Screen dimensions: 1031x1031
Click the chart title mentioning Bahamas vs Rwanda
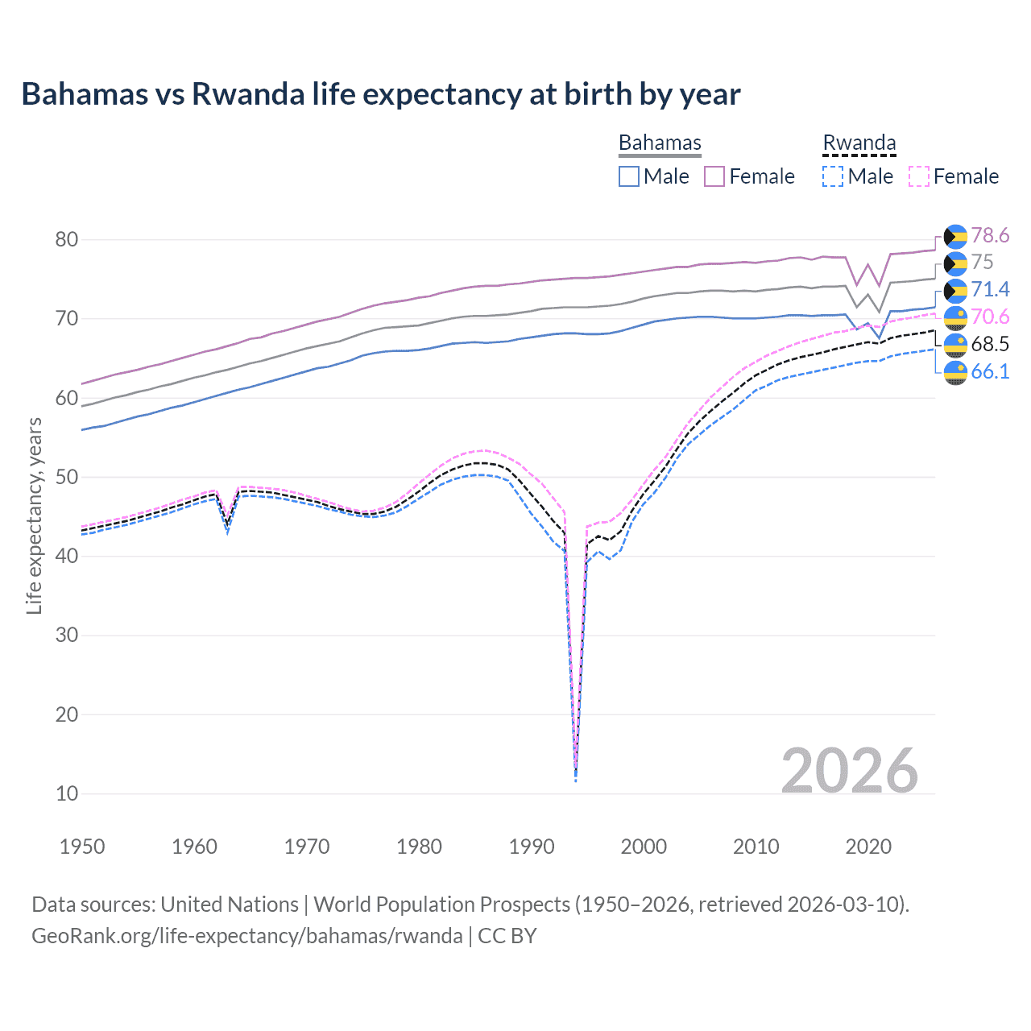tap(380, 94)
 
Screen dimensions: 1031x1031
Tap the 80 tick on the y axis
tap(67, 239)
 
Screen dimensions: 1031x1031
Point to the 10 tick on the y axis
tap(67, 793)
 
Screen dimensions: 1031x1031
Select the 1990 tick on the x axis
tap(532, 847)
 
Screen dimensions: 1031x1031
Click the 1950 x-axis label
tap(82, 847)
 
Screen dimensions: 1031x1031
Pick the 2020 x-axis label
tap(868, 847)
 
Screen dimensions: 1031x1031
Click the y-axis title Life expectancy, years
tap(34, 515)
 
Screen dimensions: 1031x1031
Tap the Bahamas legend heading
tap(660, 143)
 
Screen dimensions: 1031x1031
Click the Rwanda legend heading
tap(859, 143)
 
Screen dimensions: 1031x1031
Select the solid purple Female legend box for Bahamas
tap(714, 176)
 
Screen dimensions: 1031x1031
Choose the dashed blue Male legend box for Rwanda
tap(833, 176)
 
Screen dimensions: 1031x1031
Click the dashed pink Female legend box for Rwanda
tap(919, 176)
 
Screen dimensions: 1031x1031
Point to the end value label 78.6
tap(990, 235)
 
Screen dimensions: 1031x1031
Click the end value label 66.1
tap(990, 371)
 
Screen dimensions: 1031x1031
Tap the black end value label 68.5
tap(990, 344)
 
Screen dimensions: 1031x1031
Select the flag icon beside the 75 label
tap(955, 263)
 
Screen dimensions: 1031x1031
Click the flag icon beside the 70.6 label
tap(955, 317)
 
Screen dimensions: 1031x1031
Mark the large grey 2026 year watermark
tap(850, 771)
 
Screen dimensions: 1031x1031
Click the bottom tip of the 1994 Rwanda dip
tap(575, 780)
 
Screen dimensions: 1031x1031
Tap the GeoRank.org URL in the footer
tap(246, 936)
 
